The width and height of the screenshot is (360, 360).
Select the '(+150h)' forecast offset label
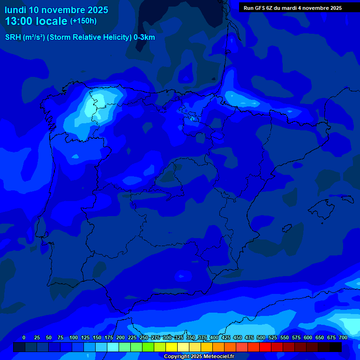[x=83, y=21]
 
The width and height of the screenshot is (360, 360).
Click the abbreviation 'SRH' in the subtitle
[x=13, y=37]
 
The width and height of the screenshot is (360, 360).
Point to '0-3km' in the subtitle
[x=144, y=37]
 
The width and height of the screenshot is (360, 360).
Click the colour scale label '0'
[x=24, y=337]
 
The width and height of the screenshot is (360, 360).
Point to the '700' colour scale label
[x=343, y=337]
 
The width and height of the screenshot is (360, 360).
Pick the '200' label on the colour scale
[x=120, y=337]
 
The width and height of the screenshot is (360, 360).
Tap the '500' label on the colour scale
[x=261, y=337]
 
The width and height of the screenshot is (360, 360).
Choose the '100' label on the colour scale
[x=74, y=337]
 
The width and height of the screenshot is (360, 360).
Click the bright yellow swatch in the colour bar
[x=172, y=347]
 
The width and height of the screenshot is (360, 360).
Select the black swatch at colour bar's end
[x=336, y=347]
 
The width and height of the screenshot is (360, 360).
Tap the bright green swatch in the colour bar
[x=148, y=347]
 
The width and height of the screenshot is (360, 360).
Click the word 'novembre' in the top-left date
[x=64, y=10]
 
